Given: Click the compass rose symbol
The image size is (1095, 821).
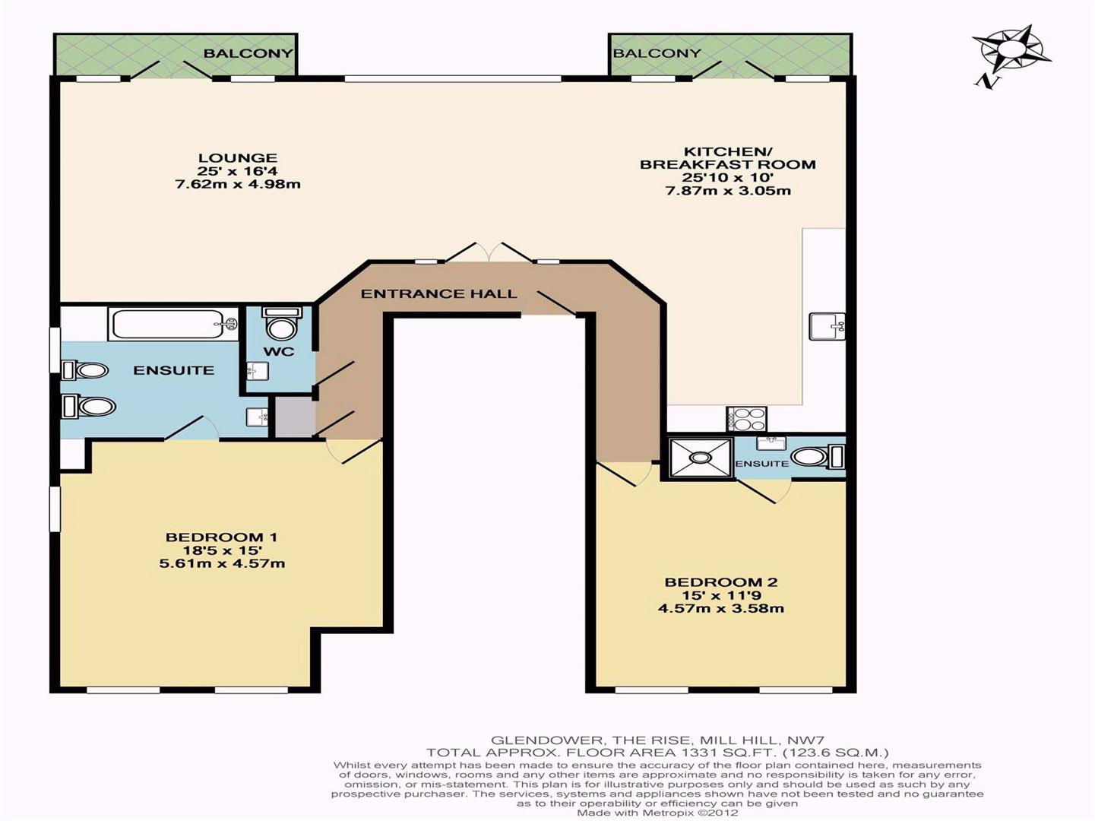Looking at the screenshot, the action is click(x=1011, y=52).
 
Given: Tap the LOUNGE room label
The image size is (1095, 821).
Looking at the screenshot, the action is click(x=237, y=158).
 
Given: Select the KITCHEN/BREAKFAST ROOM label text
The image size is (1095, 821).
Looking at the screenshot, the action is click(x=728, y=157).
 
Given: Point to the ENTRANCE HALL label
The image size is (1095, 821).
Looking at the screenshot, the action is click(x=438, y=293).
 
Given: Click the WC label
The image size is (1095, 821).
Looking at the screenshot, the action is click(x=279, y=351).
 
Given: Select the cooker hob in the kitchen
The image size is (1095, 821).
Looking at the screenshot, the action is click(x=747, y=418).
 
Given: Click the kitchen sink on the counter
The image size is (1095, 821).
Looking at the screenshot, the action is click(x=827, y=326).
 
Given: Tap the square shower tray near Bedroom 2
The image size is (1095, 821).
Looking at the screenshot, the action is click(x=701, y=457).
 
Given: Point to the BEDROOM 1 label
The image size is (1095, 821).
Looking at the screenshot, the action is click(x=221, y=537).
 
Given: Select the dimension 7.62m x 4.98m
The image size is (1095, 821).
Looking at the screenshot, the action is click(x=238, y=184).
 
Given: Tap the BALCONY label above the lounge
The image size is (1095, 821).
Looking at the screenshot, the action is click(x=248, y=53).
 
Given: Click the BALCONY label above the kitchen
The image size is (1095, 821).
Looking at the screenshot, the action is click(x=657, y=53).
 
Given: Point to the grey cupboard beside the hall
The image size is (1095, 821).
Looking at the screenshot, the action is click(x=295, y=418).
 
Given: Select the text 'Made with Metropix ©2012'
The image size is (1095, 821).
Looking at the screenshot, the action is click(x=657, y=813).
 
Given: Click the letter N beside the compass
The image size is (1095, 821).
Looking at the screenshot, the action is click(x=987, y=82).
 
